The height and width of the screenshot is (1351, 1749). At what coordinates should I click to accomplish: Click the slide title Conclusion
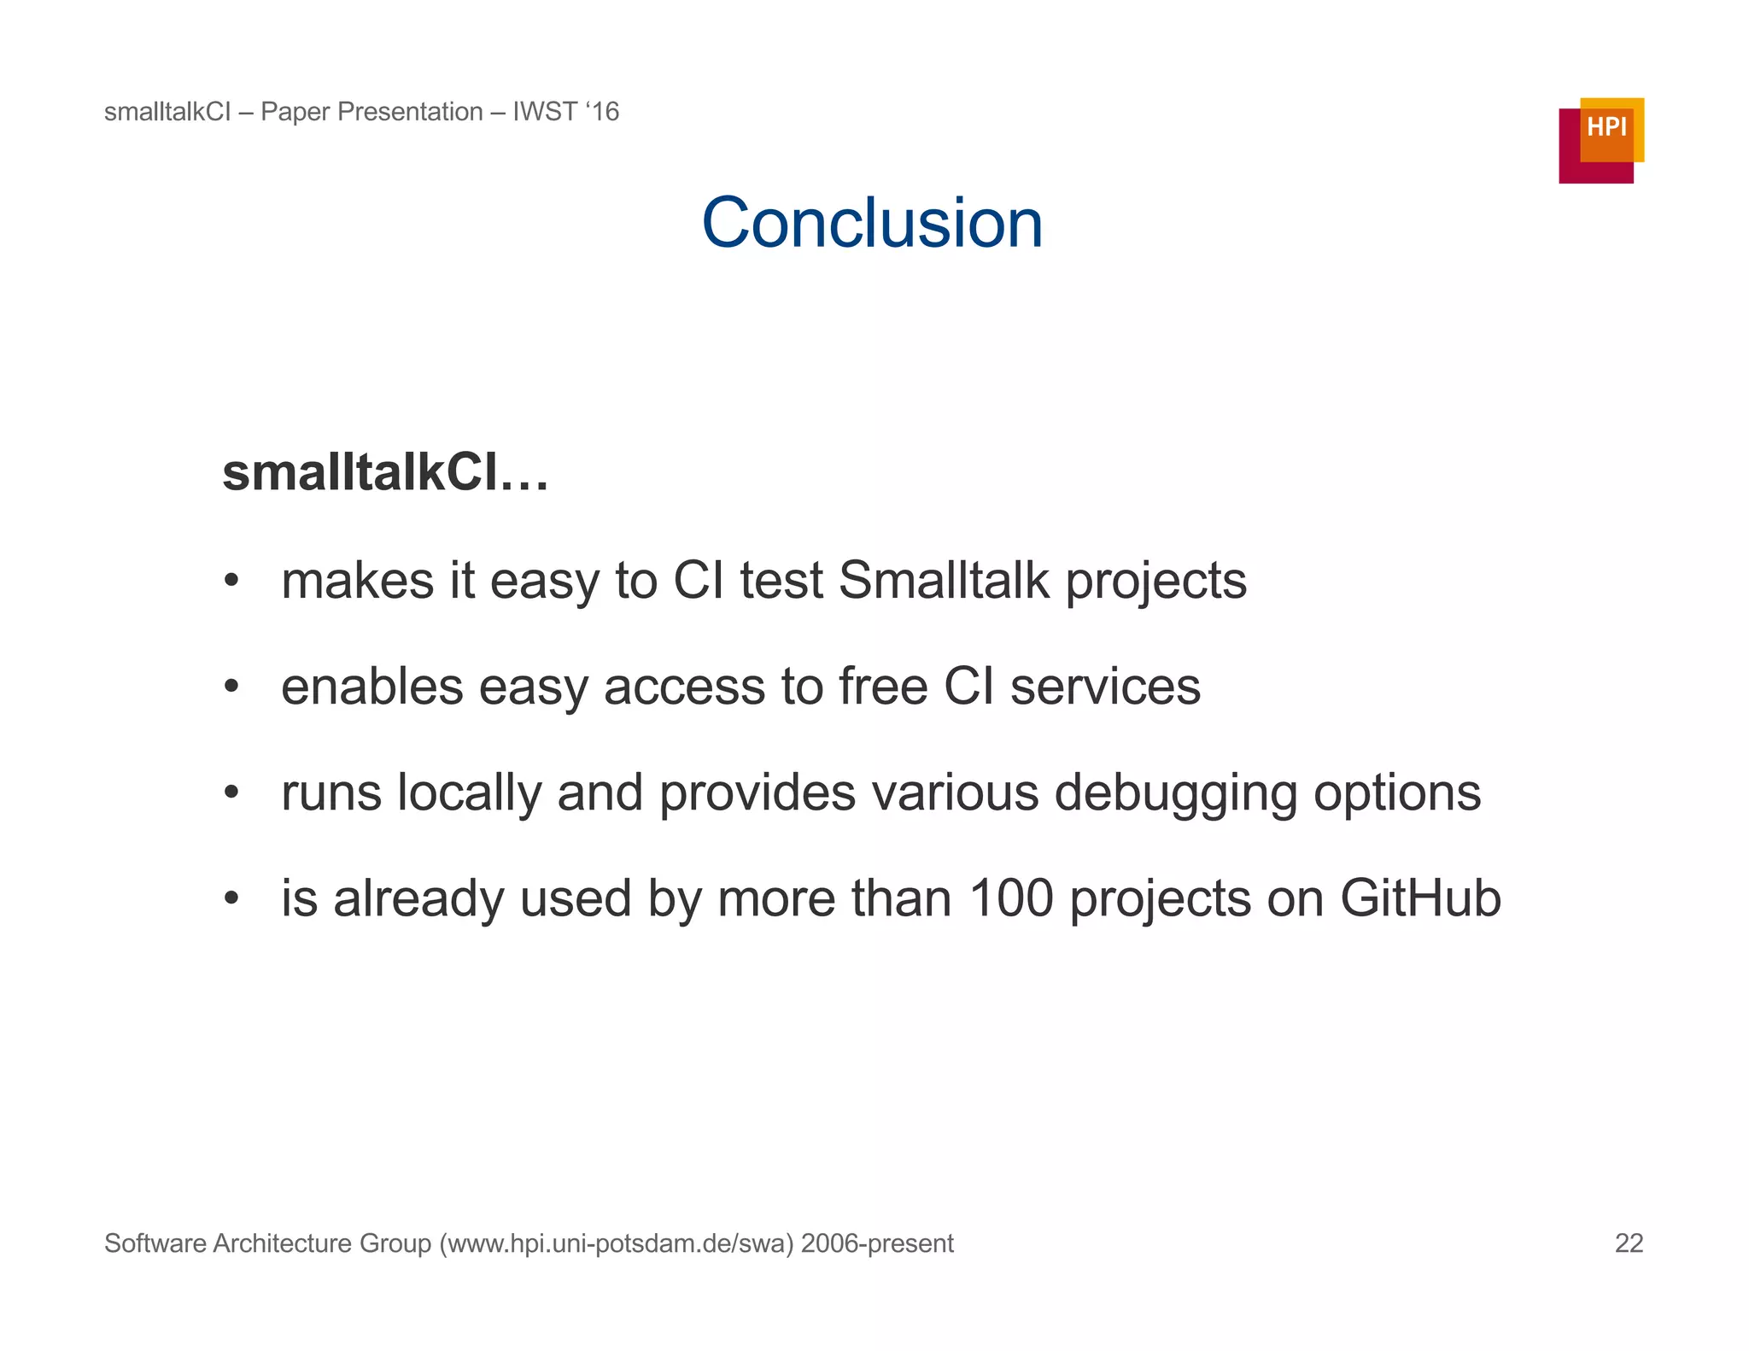(x=872, y=223)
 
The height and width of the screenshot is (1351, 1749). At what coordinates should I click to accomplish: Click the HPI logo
(x=1600, y=139)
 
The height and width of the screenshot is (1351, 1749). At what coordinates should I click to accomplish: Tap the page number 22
(x=1629, y=1243)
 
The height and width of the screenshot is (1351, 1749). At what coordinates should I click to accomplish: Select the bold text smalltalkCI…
(x=384, y=472)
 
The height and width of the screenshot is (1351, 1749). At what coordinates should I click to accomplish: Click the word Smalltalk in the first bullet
(x=944, y=581)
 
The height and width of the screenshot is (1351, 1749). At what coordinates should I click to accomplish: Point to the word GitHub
(x=1420, y=898)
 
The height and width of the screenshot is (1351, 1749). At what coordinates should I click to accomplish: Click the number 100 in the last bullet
(x=1011, y=898)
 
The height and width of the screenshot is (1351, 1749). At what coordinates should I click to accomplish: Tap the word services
(x=1105, y=687)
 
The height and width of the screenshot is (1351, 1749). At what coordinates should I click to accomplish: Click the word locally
(x=470, y=794)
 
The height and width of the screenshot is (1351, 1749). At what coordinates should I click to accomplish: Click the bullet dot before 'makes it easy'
(x=231, y=582)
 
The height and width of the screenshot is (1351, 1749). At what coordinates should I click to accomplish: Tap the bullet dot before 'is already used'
(x=231, y=898)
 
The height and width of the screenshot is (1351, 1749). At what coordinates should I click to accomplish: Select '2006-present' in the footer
(x=877, y=1243)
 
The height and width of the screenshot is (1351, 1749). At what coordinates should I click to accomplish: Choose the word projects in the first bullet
(x=1156, y=582)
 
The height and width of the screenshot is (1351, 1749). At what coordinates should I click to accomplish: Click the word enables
(x=372, y=687)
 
